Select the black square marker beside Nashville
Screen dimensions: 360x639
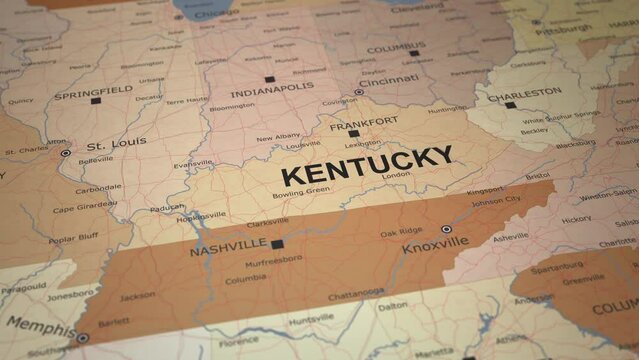[277, 243]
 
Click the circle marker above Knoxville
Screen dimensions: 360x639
[446, 229]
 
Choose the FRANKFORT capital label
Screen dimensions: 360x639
[357, 120]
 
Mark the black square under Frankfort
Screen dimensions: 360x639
[354, 133]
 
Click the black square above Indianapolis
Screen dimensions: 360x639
[269, 78]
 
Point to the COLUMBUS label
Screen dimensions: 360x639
[395, 48]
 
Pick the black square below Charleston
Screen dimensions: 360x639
[510, 104]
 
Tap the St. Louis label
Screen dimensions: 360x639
[116, 142]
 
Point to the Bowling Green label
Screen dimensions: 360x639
[301, 191]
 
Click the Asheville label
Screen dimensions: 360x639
[510, 237]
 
